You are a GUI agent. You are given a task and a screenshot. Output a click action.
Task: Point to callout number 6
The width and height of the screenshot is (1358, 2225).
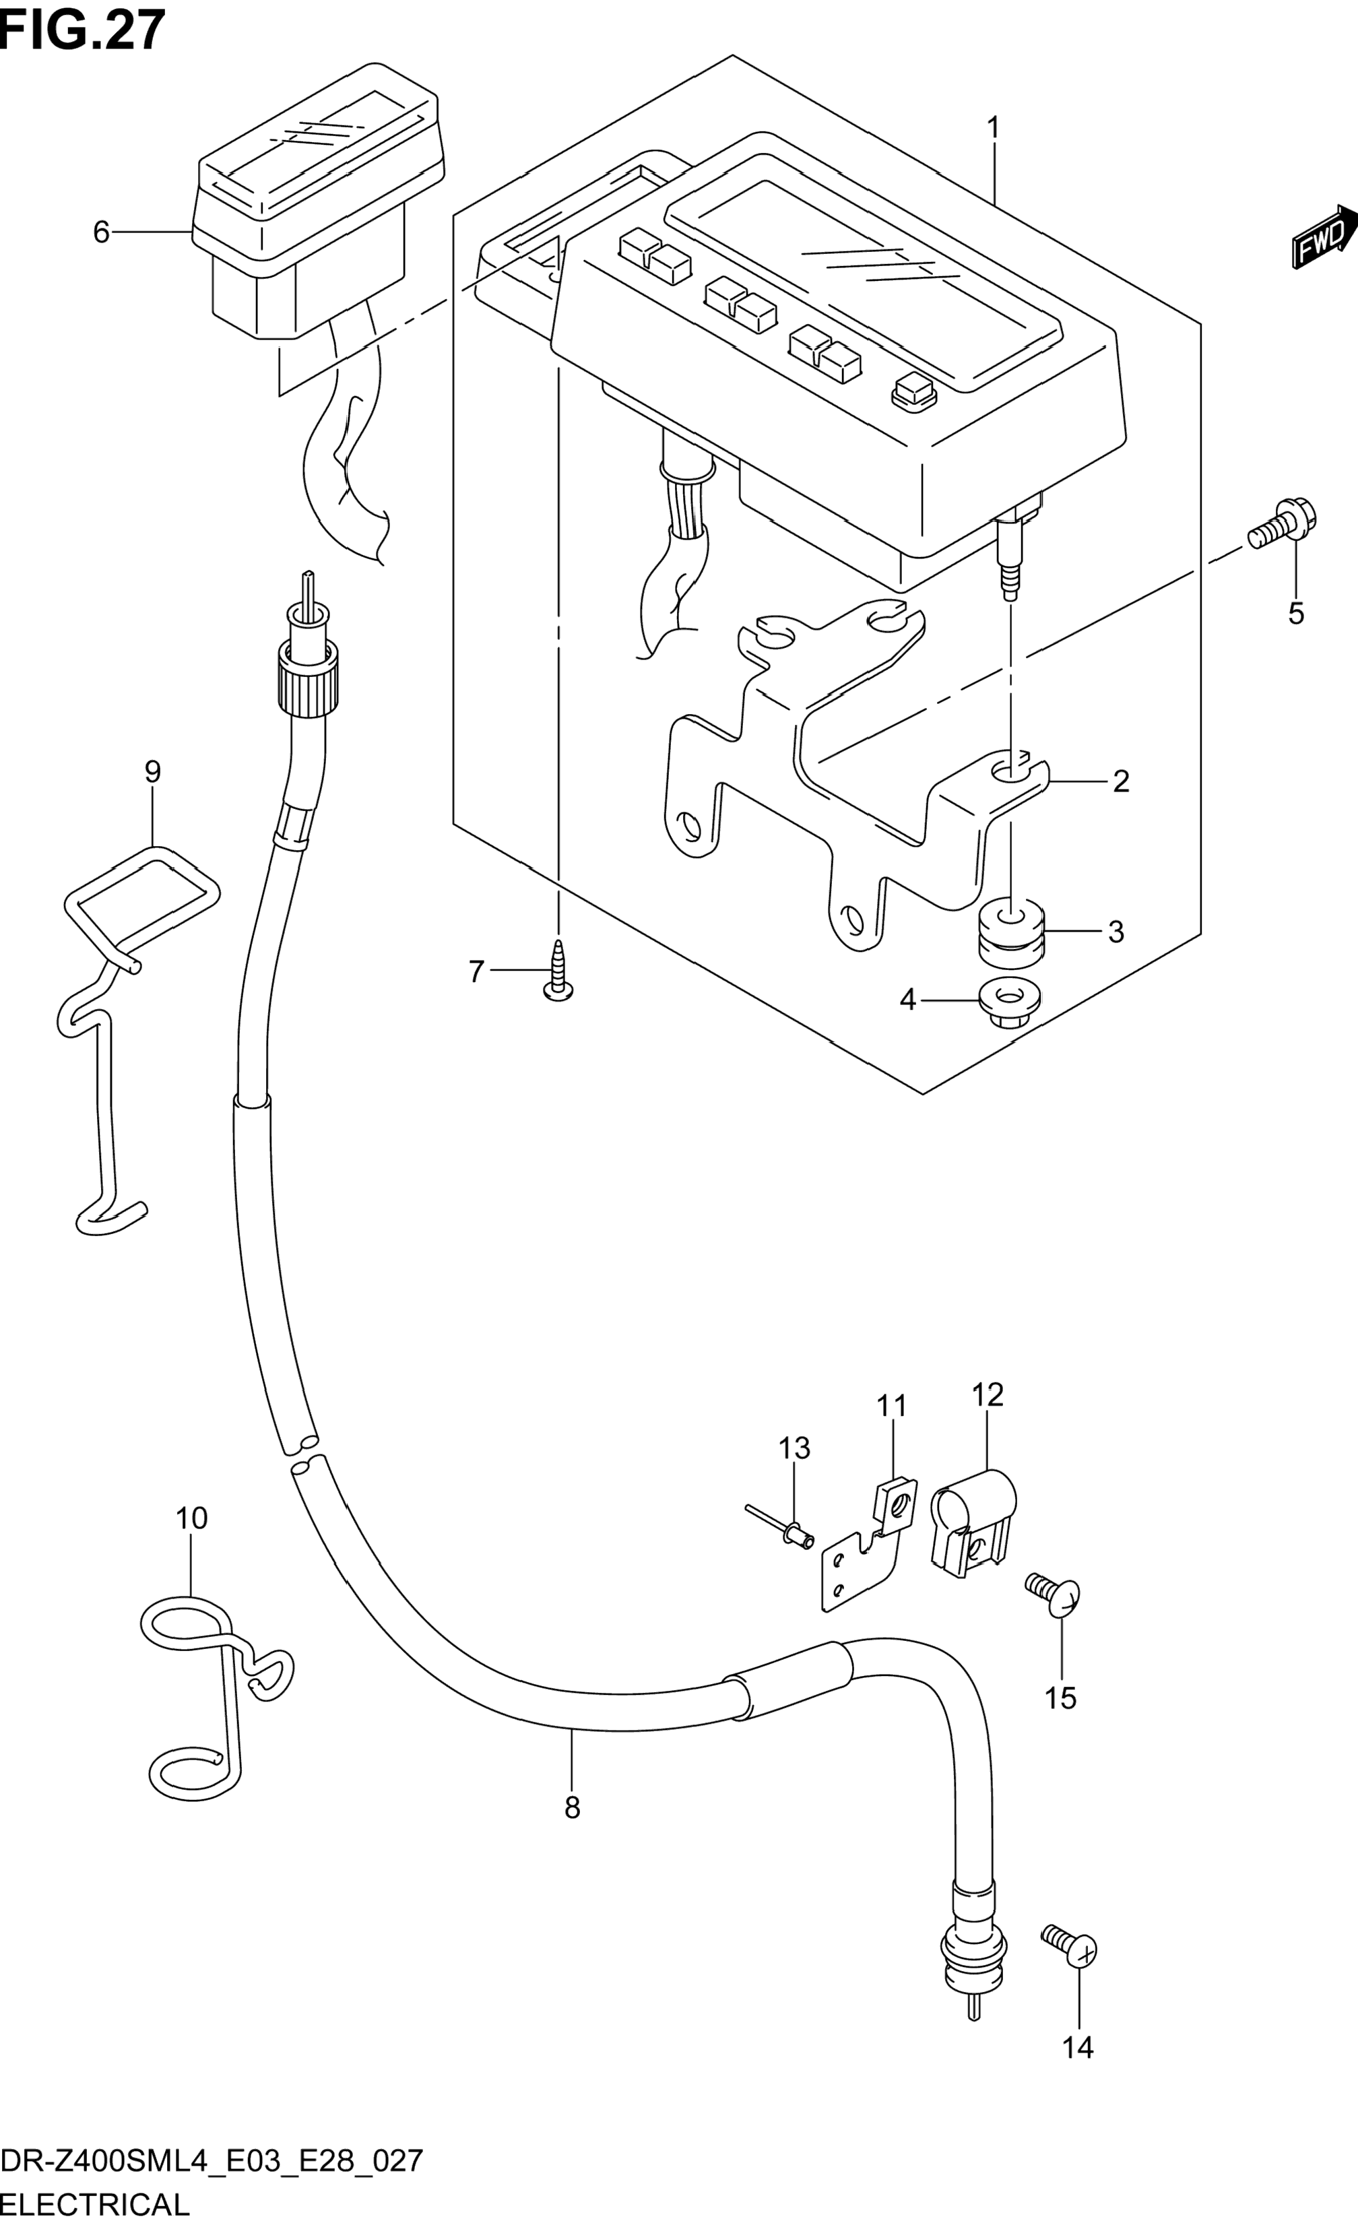click(x=101, y=232)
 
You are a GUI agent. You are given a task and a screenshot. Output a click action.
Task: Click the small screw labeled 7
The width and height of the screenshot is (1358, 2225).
click(x=559, y=971)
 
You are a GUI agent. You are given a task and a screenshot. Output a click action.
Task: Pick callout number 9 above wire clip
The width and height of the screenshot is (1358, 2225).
click(x=153, y=771)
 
